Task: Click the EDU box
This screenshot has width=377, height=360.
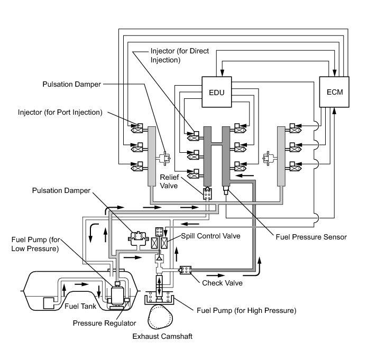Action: coord(217,92)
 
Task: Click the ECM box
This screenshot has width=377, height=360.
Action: coord(334,92)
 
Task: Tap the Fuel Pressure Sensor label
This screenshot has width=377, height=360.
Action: coord(311,237)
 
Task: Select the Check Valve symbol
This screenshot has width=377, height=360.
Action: coord(186,270)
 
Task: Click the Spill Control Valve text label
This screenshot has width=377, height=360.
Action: coord(210,236)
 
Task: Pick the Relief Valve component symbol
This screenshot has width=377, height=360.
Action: coord(207,193)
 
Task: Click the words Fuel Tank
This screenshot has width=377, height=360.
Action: coord(80,306)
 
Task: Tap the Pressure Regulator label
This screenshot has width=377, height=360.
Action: coord(104,323)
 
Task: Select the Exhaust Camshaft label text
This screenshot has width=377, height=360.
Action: coord(162,336)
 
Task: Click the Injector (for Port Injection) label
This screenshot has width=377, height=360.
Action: coord(60,112)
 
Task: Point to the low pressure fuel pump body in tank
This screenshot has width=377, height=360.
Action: coord(117,296)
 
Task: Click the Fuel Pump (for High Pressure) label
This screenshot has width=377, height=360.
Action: coord(246,310)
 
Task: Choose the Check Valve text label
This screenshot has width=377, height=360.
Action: coord(222,283)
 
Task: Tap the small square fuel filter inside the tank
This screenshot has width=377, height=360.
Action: coord(49,303)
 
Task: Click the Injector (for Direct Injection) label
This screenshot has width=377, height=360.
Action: coord(180,56)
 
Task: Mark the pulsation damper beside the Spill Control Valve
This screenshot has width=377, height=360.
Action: coord(137,238)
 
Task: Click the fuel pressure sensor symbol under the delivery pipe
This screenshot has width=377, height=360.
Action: coord(226,190)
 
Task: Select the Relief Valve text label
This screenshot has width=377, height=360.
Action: coord(169,181)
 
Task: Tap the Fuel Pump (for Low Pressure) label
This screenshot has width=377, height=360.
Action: coord(35,244)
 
